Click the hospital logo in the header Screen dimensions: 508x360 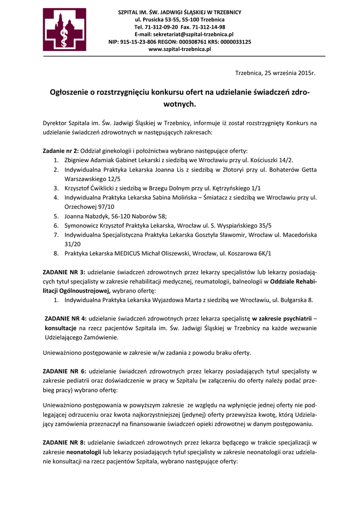[65, 30]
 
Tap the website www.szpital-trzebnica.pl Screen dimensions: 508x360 [180, 49]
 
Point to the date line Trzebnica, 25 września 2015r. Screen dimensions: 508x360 [275, 73]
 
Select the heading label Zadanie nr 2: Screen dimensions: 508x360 [61, 151]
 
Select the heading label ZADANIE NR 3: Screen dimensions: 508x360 [64, 272]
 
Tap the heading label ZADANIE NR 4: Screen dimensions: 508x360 [66, 318]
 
